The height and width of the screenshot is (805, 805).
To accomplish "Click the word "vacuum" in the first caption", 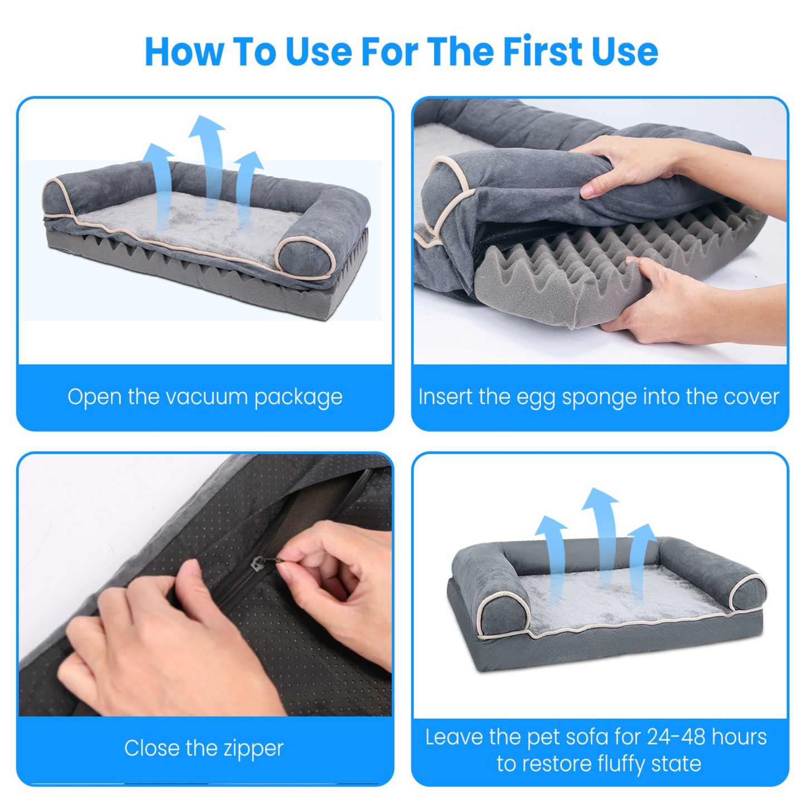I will coord(206,397).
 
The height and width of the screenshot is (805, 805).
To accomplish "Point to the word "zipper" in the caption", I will coord(253,749).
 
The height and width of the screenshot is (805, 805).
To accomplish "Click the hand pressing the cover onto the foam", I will coord(630,167).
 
